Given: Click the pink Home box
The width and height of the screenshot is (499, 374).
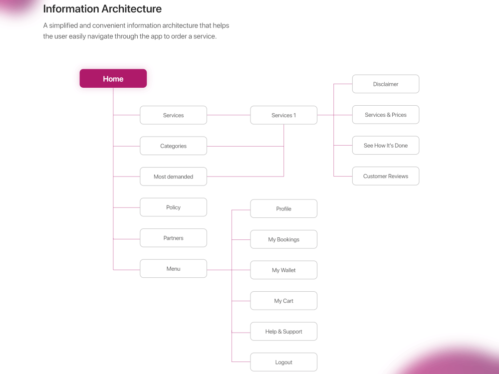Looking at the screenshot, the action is pyautogui.click(x=113, y=78).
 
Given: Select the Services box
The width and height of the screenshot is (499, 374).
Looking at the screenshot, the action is pyautogui.click(x=174, y=115).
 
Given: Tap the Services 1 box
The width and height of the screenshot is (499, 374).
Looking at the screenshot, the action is pyautogui.click(x=283, y=115).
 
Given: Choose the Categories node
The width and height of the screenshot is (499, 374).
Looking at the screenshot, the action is pyautogui.click(x=174, y=146).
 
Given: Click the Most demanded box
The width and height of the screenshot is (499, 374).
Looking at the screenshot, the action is pyautogui.click(x=174, y=177).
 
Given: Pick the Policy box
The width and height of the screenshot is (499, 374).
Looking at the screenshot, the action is pyautogui.click(x=174, y=207).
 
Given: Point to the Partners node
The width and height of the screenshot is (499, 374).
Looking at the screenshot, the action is pyautogui.click(x=174, y=238).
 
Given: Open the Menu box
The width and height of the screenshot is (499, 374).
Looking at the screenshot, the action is pyautogui.click(x=174, y=269).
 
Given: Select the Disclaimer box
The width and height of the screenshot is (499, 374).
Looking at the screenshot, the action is pyautogui.click(x=386, y=84).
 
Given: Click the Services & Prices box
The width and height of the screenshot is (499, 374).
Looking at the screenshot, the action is pyautogui.click(x=386, y=115).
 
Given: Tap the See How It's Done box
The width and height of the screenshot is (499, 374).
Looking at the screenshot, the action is pyautogui.click(x=386, y=145).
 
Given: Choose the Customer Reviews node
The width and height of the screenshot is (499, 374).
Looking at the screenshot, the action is pyautogui.click(x=386, y=176).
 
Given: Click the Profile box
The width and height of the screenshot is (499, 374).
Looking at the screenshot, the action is pyautogui.click(x=283, y=208).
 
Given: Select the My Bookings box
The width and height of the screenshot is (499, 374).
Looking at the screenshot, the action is pyautogui.click(x=283, y=239).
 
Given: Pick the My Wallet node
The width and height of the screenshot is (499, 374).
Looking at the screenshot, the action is pyautogui.click(x=283, y=270).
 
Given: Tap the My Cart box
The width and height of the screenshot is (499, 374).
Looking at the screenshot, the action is pyautogui.click(x=283, y=301).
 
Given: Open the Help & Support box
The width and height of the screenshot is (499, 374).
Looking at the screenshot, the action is pyautogui.click(x=283, y=332).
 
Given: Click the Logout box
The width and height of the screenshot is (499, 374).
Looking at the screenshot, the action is pyautogui.click(x=283, y=362).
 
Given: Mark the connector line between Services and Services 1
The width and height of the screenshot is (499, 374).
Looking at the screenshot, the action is pyautogui.click(x=229, y=115).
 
